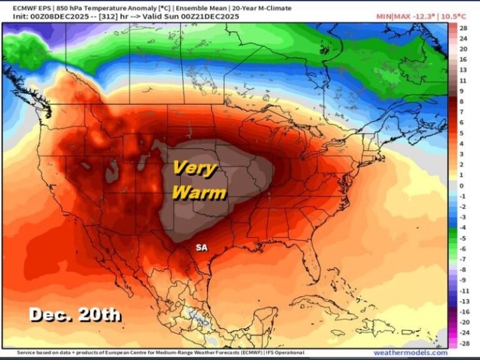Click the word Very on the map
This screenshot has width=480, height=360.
pos(194,168)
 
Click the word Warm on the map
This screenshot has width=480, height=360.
pos(198,192)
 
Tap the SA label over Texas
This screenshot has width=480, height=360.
pos(201,247)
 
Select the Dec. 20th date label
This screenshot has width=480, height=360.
pos(75,314)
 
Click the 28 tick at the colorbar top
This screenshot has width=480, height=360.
pos(463,28)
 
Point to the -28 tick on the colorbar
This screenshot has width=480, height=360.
pos(464,343)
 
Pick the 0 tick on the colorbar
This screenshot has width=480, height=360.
pos(461,186)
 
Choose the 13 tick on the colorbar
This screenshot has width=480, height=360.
pos(463,70)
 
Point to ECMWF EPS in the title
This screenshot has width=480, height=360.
pos(22,7)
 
